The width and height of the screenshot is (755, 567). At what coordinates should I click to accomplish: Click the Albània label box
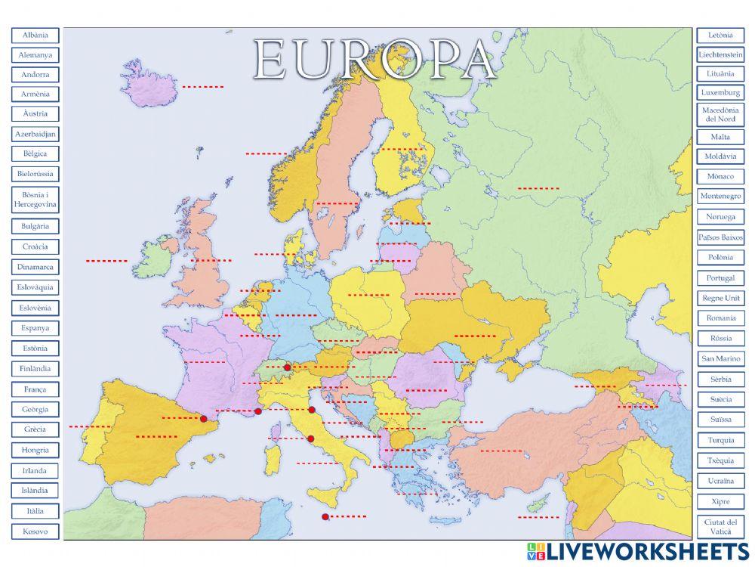35,35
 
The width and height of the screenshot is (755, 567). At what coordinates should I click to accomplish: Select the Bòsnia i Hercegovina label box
35,200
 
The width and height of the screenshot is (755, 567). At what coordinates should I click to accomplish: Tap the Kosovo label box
35,531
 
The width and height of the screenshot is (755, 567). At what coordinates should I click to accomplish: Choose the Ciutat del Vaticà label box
720,527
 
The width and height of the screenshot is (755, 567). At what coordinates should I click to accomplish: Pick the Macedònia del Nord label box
720,115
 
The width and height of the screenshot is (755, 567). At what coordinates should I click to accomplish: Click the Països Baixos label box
720,237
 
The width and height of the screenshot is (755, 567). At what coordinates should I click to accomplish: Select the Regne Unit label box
720,298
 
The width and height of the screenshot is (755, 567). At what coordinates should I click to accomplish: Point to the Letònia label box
720,35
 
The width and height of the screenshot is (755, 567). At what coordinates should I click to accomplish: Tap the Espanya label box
35,328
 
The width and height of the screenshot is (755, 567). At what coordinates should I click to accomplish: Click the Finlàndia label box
35,369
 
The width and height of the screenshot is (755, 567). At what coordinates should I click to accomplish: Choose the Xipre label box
720,501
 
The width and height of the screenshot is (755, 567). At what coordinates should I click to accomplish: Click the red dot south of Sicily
325,517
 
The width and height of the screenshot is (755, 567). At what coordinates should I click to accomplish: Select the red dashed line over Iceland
202,87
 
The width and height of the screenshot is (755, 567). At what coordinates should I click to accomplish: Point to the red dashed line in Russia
538,187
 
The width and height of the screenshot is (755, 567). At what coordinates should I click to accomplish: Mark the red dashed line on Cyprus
538,518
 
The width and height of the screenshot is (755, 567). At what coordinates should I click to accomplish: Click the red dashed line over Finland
402,149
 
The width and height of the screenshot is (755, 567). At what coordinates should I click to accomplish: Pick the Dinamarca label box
35,267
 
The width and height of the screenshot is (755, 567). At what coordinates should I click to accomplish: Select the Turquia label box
720,440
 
